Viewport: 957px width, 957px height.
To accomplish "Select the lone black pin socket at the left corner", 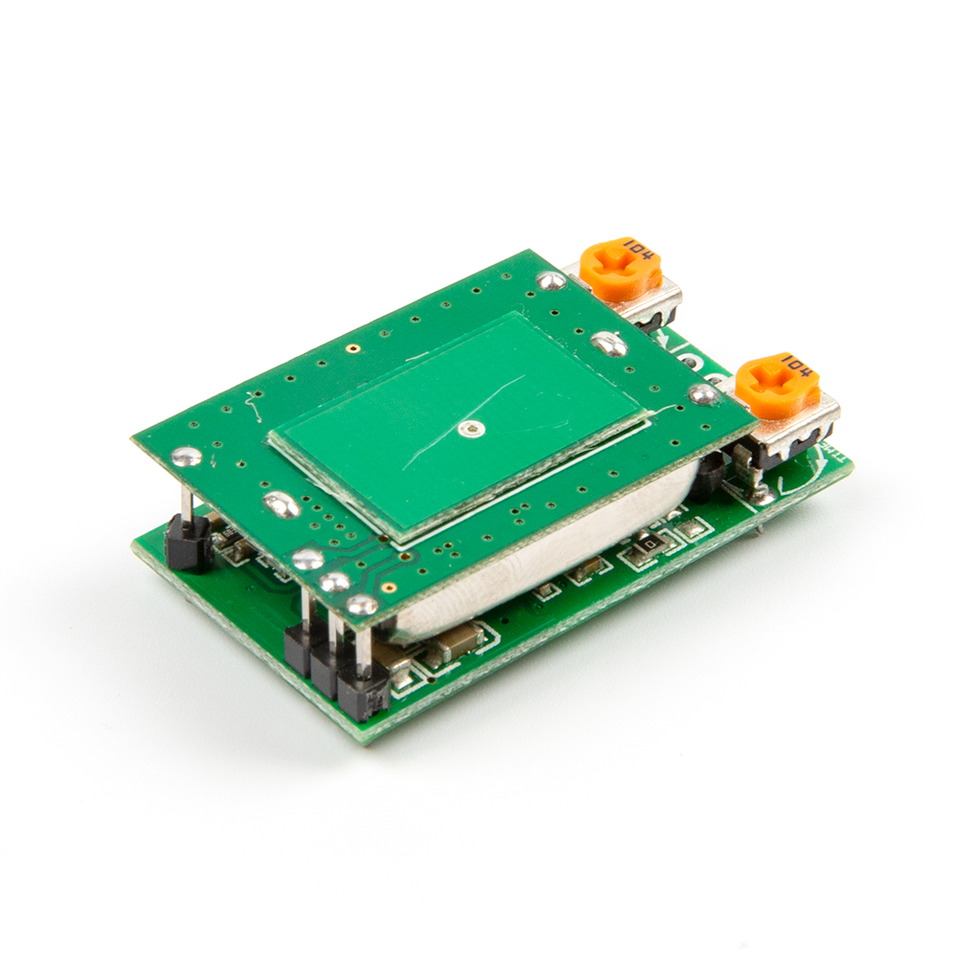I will point(189,544).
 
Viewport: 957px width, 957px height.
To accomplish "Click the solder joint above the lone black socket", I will point(188,456).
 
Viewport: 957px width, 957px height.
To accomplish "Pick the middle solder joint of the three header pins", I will point(335,582).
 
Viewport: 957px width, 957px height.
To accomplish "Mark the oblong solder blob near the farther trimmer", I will point(609,342).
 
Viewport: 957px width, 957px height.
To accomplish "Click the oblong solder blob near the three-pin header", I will point(280,503).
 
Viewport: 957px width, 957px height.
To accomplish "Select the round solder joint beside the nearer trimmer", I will point(704,393).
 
